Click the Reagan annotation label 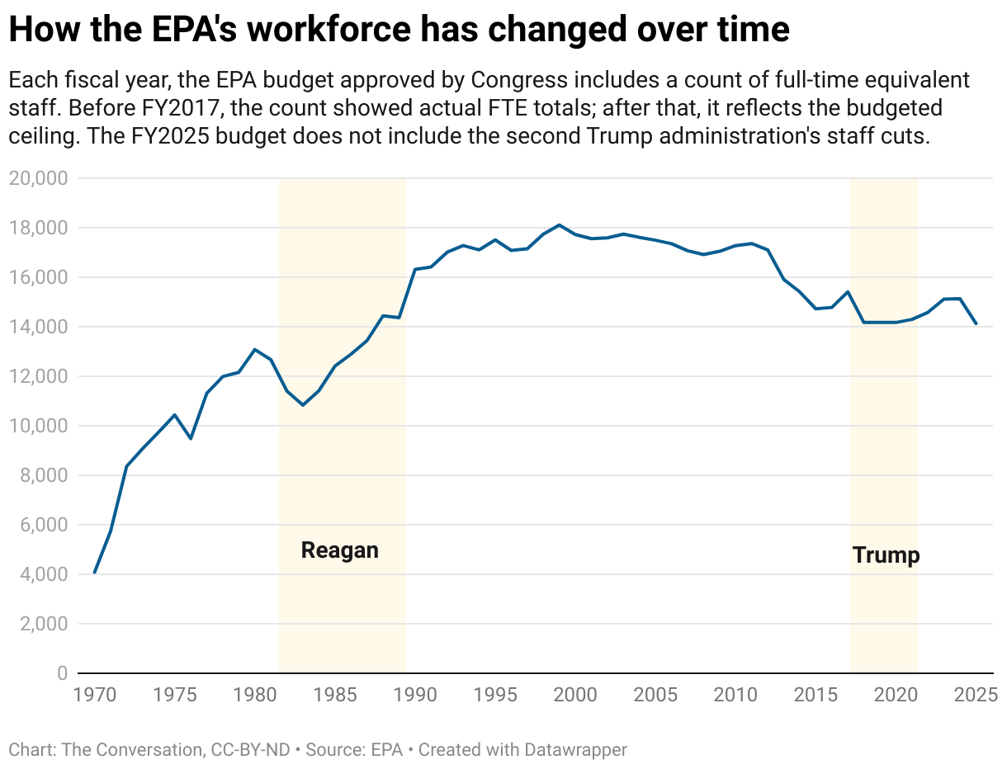pos(339,550)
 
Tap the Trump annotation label pos(886,555)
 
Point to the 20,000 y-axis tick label pos(39,178)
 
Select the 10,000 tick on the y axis pos(39,426)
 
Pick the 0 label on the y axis pos(62,673)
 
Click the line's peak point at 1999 pos(560,224)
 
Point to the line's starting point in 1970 pos(94,573)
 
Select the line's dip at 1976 pos(191,438)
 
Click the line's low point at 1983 pos(303,405)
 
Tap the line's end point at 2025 pos(976,323)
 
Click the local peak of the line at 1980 pos(255,349)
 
